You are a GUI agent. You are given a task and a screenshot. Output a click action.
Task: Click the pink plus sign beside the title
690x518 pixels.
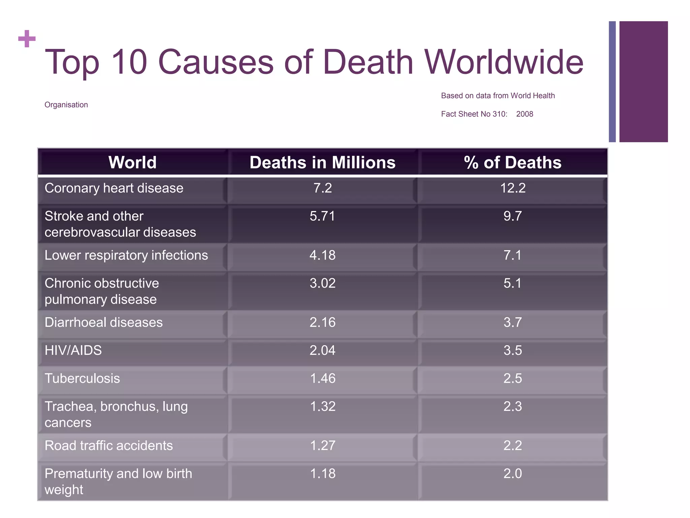click(27, 39)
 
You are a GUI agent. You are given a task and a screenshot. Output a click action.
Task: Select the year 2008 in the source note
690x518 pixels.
click(525, 114)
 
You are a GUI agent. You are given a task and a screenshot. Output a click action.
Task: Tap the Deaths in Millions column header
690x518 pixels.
click(322, 163)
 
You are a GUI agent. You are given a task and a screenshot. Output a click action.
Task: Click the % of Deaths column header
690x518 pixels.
click(512, 163)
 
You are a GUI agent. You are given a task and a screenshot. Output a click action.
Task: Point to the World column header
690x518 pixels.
click(132, 163)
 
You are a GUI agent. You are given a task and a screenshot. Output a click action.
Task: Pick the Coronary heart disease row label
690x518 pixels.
click(114, 188)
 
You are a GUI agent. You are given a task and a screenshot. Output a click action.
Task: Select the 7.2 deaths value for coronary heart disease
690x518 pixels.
click(322, 188)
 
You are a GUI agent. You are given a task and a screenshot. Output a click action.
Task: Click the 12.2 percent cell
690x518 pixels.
click(512, 188)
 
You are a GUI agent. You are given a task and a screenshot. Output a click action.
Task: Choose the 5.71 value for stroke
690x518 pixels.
click(322, 216)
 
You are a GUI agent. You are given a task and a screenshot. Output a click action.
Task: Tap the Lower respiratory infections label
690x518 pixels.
click(126, 255)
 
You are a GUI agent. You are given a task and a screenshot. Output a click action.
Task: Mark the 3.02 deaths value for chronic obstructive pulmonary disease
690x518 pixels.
click(322, 283)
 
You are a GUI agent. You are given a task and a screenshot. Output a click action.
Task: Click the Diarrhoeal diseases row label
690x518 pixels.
click(103, 322)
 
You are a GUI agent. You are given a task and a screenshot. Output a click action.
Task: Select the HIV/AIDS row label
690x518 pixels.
click(73, 350)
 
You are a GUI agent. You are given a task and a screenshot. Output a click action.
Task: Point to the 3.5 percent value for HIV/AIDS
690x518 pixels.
click(512, 350)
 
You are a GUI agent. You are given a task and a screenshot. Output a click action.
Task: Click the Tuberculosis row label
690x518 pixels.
click(82, 378)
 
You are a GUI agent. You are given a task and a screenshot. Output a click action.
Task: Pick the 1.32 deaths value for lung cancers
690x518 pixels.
click(322, 406)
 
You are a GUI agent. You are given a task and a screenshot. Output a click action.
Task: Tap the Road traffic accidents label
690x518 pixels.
click(108, 445)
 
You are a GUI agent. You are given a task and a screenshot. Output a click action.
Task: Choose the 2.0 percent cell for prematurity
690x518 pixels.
click(512, 473)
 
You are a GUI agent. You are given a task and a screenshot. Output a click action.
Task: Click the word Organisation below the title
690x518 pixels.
click(66, 105)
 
